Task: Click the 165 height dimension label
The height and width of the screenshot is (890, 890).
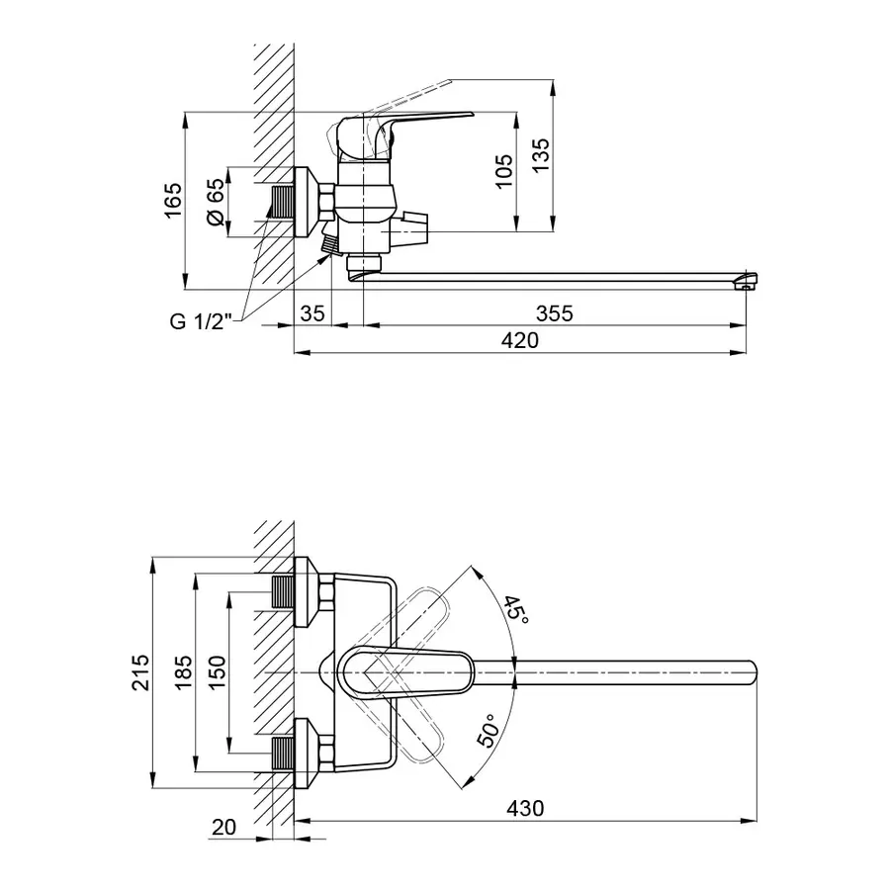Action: tap(173, 202)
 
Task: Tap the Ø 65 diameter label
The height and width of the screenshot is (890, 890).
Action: tap(216, 203)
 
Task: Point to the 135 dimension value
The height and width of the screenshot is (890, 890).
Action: tap(540, 157)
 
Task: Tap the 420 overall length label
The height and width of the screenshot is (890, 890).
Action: tap(521, 340)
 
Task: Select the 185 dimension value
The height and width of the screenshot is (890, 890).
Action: tap(181, 673)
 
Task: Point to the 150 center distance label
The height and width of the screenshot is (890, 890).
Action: tap(218, 673)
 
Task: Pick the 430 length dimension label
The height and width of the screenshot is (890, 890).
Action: tap(525, 807)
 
